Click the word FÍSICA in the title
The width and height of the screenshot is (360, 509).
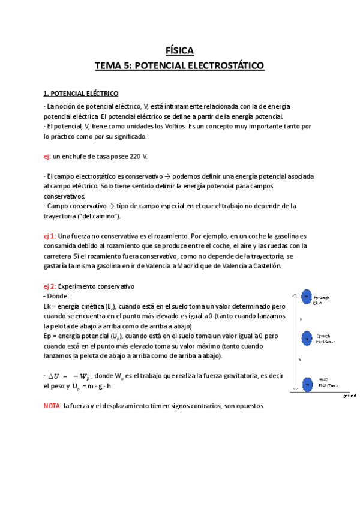tap(179, 51)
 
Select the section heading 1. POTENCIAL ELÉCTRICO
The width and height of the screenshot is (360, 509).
tap(81, 94)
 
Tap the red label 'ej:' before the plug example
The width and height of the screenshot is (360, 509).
tap(47, 157)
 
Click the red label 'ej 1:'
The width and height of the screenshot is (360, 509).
tap(50, 237)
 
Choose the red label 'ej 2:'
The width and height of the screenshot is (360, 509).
tap(50, 286)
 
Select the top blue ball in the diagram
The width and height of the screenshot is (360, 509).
tap(306, 297)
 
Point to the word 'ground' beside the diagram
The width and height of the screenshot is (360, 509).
tap(349, 396)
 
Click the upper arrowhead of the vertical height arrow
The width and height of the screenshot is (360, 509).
tap(293, 295)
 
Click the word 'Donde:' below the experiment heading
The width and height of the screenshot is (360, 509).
tap(58, 296)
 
